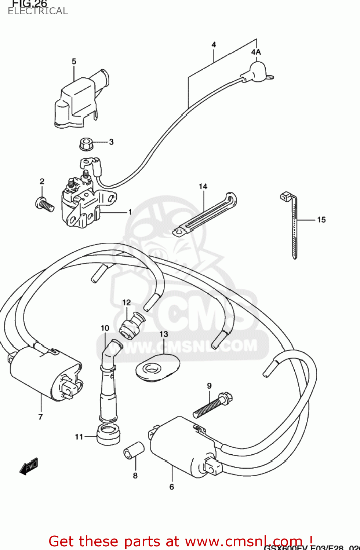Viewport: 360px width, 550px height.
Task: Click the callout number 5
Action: coord(74,61)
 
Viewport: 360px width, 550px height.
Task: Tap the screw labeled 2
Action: coord(45,204)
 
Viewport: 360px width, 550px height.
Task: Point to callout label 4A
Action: coord(256,52)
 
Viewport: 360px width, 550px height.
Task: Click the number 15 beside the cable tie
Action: coord(321,220)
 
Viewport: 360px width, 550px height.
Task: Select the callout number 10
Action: coord(105,328)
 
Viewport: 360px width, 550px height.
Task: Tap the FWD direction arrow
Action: coord(29,466)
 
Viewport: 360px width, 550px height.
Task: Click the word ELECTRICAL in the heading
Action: coord(38,11)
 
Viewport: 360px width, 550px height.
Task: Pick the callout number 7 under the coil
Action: coord(40,417)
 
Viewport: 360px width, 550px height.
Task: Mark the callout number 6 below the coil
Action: coord(171,487)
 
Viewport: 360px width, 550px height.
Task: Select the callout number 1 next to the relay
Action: coord(130,212)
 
